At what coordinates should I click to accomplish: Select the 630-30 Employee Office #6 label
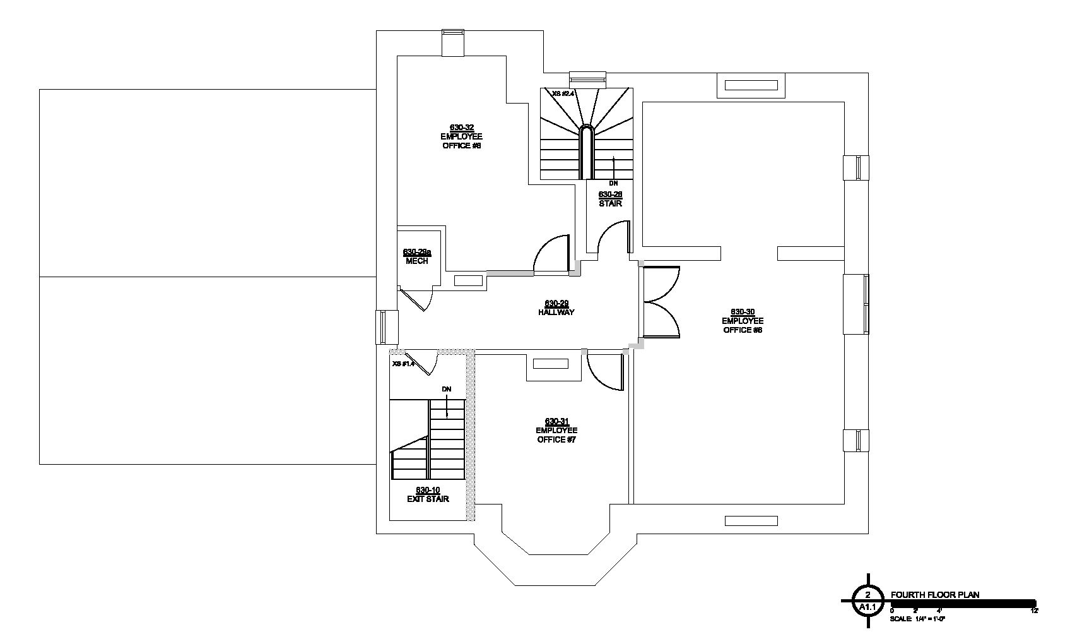tap(743, 321)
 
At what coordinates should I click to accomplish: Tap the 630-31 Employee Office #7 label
tap(556, 431)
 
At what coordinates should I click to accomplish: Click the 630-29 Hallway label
tap(556, 308)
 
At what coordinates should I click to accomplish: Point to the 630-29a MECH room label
tap(416, 256)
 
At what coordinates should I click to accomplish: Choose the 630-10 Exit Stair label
tap(428, 495)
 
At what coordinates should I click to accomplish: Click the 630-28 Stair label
tap(610, 199)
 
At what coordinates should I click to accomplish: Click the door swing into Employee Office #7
tap(604, 371)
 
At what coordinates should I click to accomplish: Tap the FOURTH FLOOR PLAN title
tap(934, 594)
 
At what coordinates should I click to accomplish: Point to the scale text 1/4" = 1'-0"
tap(917, 619)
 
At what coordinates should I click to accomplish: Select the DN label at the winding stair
tap(613, 183)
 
